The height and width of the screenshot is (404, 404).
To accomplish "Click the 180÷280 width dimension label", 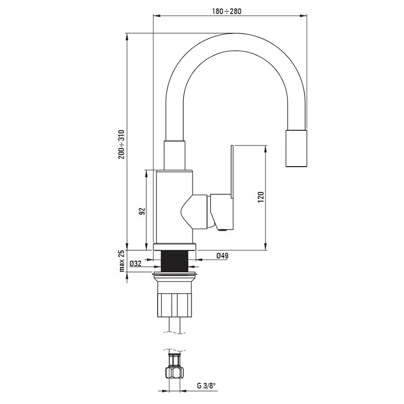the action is pyautogui.click(x=227, y=11).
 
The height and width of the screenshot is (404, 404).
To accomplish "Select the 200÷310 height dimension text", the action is pyautogui.click(x=121, y=144).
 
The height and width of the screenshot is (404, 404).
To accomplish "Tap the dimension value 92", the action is pyautogui.click(x=142, y=211).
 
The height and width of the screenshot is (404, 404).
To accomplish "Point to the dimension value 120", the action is pyautogui.click(x=261, y=197).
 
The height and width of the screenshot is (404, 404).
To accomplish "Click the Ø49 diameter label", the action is pyautogui.click(x=222, y=256).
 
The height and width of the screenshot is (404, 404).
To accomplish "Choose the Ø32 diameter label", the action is pyautogui.click(x=135, y=264).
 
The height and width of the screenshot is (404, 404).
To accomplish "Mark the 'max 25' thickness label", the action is pyautogui.click(x=122, y=261).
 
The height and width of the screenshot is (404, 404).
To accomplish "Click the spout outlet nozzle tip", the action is pyautogui.click(x=296, y=148).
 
